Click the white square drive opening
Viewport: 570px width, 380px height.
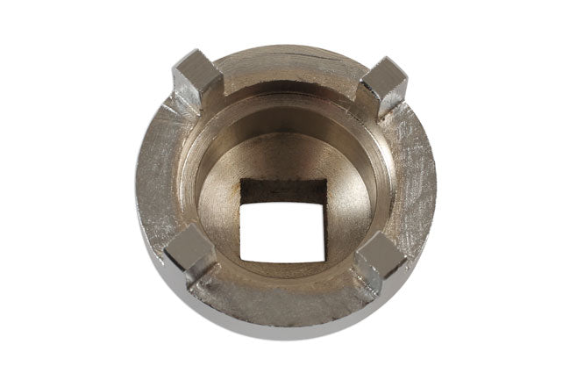[280, 221]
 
